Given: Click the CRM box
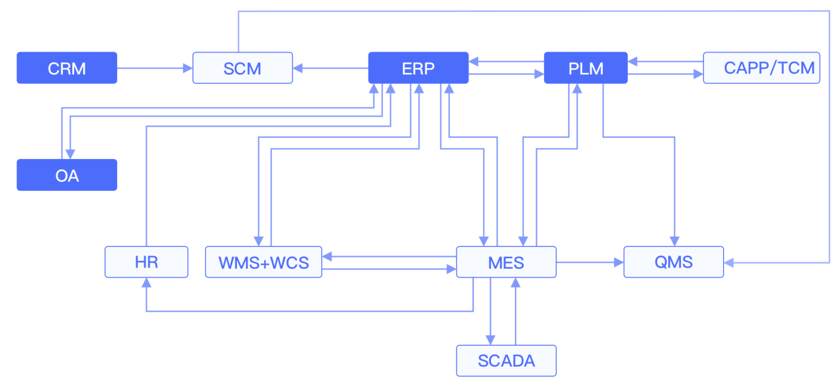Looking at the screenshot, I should pyautogui.click(x=67, y=68).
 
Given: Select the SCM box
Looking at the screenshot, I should pyautogui.click(x=242, y=68).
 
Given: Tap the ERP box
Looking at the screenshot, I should pyautogui.click(x=418, y=68).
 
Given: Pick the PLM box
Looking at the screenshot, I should pyautogui.click(x=586, y=68).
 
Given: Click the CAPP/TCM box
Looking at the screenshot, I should pyautogui.click(x=761, y=68).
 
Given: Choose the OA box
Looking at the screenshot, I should pyautogui.click(x=67, y=175).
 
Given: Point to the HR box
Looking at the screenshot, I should pyautogui.click(x=146, y=262).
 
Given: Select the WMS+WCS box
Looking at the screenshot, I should pyautogui.click(x=263, y=262).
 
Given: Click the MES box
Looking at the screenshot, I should pyautogui.click(x=506, y=262).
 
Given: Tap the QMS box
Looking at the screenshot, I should pyautogui.click(x=674, y=262).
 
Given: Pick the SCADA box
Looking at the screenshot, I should pyautogui.click(x=506, y=360).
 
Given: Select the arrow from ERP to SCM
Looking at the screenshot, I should pyautogui.click(x=330, y=68).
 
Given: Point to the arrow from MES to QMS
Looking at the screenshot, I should pyautogui.click(x=590, y=262).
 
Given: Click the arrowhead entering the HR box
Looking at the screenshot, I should pyautogui.click(x=146, y=282).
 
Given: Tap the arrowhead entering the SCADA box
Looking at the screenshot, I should pyautogui.click(x=490, y=340).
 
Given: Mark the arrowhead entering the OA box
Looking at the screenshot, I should pyautogui.click(x=69, y=154).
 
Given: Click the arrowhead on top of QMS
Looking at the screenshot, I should pyautogui.click(x=675, y=241).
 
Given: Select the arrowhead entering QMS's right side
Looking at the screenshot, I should pyautogui.click(x=729, y=263).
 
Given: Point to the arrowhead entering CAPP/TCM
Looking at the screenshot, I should pyautogui.click(x=698, y=75).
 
